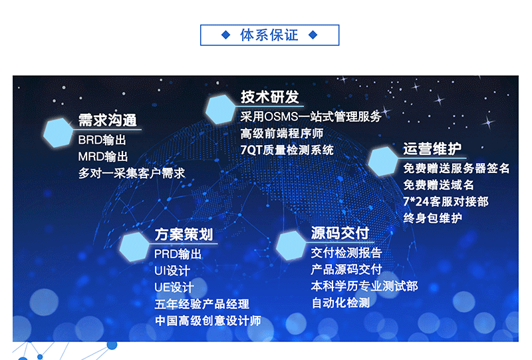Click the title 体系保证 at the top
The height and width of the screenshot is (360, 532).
pyautogui.click(x=269, y=35)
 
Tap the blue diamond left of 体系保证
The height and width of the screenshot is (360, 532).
pyautogui.click(x=225, y=35)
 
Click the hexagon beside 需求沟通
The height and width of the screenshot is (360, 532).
pyautogui.click(x=59, y=133)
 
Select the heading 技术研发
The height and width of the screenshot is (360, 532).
pyautogui.click(x=270, y=96)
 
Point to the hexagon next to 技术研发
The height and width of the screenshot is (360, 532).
pyautogui.click(x=220, y=109)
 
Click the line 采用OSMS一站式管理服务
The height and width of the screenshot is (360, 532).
pyautogui.click(x=311, y=117)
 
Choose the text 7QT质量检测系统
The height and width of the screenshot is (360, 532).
pyautogui.click(x=287, y=150)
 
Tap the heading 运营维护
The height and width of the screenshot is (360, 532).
pyautogui.click(x=432, y=149)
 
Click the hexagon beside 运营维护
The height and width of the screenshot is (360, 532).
pyautogui.click(x=383, y=161)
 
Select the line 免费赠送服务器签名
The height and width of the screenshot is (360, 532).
pyautogui.click(x=456, y=168)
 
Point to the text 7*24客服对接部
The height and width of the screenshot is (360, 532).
pyautogui.click(x=446, y=202)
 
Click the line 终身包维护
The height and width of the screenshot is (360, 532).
pyautogui.click(x=433, y=218)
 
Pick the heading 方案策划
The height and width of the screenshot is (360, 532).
pyautogui.click(x=184, y=234)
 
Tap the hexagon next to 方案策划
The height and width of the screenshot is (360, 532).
pyautogui.click(x=134, y=247)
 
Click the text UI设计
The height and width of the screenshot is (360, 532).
pyautogui.click(x=172, y=271)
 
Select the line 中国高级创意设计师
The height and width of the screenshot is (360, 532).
pyautogui.click(x=208, y=321)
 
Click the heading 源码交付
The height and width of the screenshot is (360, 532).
pyautogui.click(x=340, y=233)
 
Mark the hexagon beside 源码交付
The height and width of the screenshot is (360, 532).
pyautogui.click(x=291, y=246)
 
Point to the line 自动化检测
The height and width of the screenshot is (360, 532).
pyautogui.click(x=340, y=303)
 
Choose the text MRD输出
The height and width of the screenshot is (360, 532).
pyautogui.click(x=103, y=156)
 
